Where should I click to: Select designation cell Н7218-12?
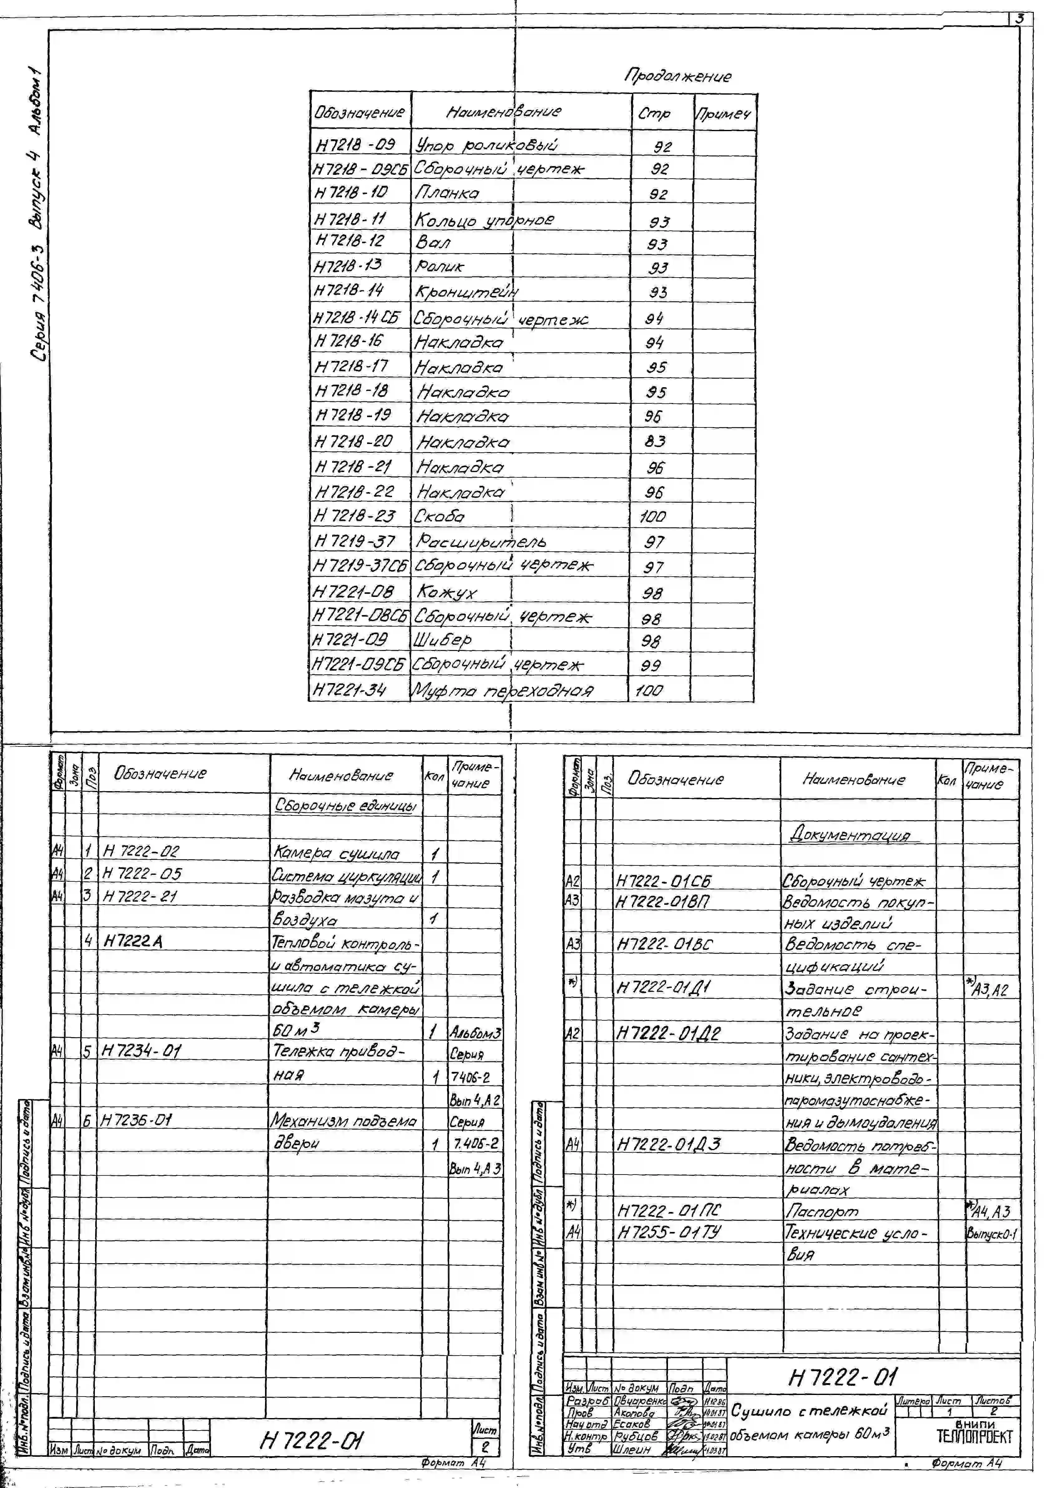[x=350, y=241]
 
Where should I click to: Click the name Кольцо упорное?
[x=484, y=220]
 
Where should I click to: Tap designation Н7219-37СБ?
[x=360, y=566]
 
